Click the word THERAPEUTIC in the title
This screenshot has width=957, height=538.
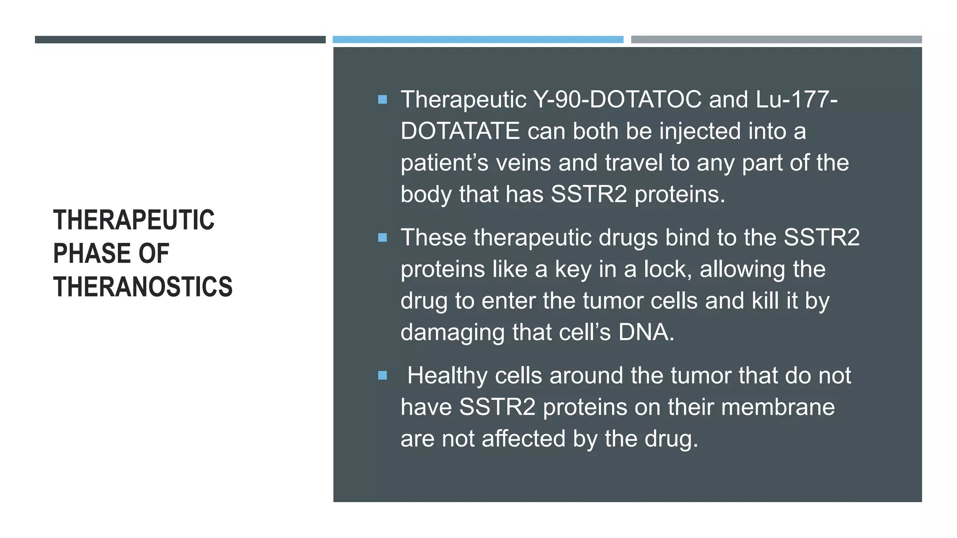click(x=134, y=220)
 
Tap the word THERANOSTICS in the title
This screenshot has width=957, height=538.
click(x=143, y=287)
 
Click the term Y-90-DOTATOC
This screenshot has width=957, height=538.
click(x=617, y=99)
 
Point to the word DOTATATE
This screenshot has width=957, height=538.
click(x=460, y=131)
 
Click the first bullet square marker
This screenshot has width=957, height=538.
click(x=382, y=99)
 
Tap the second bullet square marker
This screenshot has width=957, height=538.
click(x=382, y=238)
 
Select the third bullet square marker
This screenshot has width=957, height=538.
click(x=382, y=375)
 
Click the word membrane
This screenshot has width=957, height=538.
click(x=778, y=407)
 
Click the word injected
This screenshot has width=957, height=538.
click(x=700, y=131)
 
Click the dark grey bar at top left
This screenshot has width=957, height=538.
click(x=180, y=40)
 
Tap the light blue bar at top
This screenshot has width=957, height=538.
click(x=478, y=40)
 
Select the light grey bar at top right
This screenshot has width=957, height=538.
click(x=776, y=40)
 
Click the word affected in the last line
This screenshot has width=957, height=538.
click(x=523, y=439)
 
